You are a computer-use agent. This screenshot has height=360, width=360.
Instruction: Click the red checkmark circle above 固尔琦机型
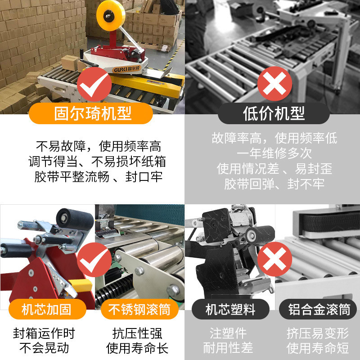[x=94, y=85]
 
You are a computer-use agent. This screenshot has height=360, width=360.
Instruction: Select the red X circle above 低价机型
[x=274, y=85]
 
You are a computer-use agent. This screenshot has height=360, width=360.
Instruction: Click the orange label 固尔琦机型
[x=93, y=113]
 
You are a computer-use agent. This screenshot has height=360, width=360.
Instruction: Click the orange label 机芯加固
[x=47, y=310]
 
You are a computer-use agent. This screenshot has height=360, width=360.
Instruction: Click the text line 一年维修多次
[x=274, y=153]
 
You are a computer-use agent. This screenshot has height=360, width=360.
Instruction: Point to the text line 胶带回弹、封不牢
[x=274, y=184]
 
